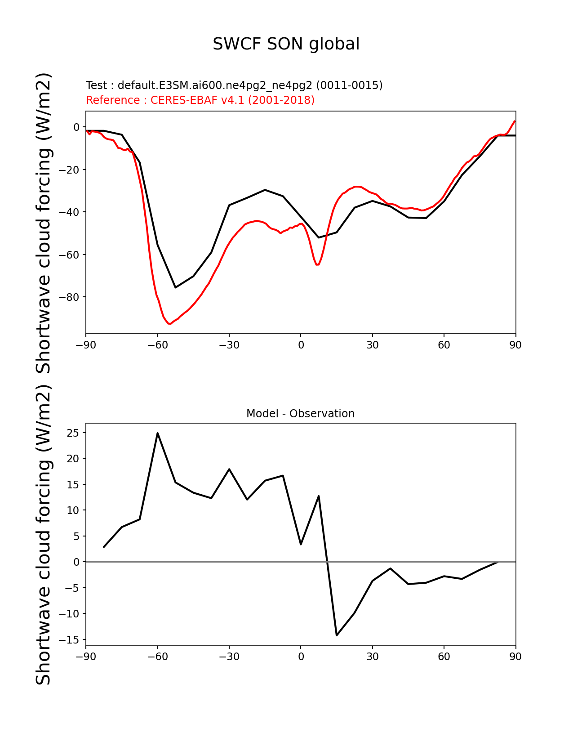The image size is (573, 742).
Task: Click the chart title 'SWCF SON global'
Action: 286,44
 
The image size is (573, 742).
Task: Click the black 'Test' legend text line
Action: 234,85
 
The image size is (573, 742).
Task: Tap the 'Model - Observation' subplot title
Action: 300,414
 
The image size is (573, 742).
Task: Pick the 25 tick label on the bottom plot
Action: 73,433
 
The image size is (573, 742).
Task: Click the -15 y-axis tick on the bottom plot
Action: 69,639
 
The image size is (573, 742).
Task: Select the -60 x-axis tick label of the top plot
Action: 158,345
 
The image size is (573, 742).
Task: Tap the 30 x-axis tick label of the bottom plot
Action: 372,656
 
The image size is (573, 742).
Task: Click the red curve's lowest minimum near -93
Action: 169,323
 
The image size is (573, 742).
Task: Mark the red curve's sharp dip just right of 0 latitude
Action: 317,264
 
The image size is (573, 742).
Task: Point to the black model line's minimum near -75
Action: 175,287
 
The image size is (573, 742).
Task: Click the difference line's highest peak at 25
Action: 158,433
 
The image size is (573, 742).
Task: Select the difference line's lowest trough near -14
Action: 337,635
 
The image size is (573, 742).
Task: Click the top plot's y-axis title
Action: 43,223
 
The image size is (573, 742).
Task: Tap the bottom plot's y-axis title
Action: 43,534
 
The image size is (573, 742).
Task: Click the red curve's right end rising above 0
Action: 515,121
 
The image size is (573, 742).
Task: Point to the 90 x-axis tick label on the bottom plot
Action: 515,656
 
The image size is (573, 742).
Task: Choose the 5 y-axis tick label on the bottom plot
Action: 76,536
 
